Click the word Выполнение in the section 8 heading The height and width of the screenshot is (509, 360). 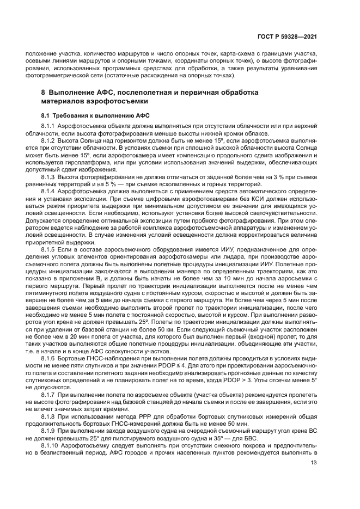(74, 93)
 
